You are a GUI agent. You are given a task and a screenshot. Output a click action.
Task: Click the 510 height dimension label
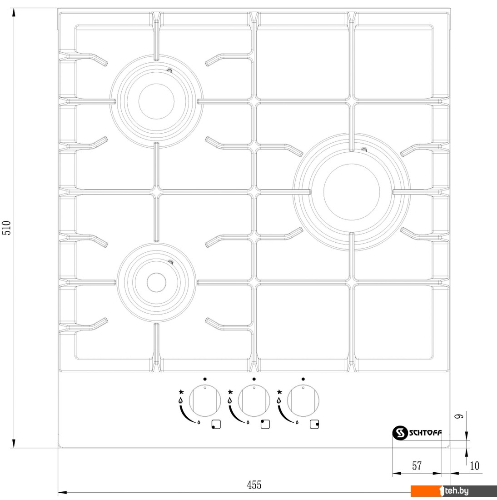tap(7, 228)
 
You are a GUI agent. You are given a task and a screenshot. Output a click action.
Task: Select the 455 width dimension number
tap(254, 485)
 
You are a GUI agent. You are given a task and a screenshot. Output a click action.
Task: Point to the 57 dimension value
tap(417, 466)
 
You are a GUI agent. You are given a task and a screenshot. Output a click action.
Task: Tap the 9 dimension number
tap(459, 416)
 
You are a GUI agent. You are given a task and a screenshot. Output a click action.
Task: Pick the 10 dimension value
tap(474, 465)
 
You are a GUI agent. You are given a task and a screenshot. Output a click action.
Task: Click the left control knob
tap(205, 400)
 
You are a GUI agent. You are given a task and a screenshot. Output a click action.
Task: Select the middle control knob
tap(254, 400)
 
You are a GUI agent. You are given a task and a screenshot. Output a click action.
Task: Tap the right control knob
tap(303, 400)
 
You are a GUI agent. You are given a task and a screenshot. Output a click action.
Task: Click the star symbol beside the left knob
tap(181, 391)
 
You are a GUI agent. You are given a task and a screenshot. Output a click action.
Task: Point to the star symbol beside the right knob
tap(279, 391)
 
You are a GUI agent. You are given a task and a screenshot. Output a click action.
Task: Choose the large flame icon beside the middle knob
tap(229, 400)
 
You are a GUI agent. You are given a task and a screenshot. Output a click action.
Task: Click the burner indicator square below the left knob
tap(216, 425)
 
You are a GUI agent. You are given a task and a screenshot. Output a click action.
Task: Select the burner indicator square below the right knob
tap(314, 425)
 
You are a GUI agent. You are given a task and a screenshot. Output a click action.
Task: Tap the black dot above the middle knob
tap(254, 379)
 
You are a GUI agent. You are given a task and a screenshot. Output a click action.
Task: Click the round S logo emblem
tap(400, 433)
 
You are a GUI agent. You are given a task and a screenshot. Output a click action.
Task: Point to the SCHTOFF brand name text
tap(425, 433)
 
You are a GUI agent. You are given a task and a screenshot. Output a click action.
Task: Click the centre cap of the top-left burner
tap(157, 101)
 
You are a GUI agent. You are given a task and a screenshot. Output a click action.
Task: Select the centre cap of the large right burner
tap(351, 192)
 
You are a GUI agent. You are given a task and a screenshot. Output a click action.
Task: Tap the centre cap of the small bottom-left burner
tap(157, 282)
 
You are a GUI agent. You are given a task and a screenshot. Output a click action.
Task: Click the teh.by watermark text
tap(457, 490)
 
